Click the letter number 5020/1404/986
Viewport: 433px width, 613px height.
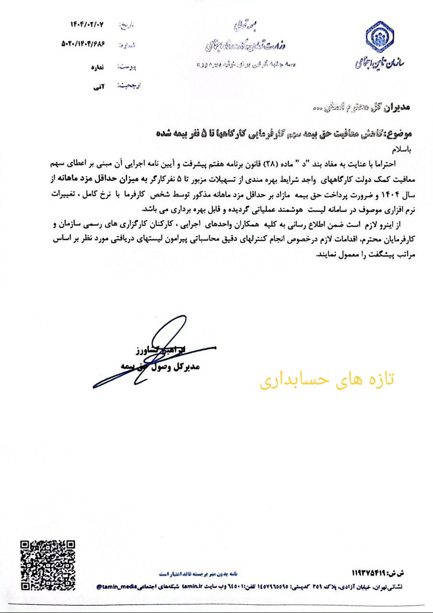[82, 43]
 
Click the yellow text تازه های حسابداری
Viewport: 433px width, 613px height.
[327, 379]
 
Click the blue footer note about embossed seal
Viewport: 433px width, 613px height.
[202, 573]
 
